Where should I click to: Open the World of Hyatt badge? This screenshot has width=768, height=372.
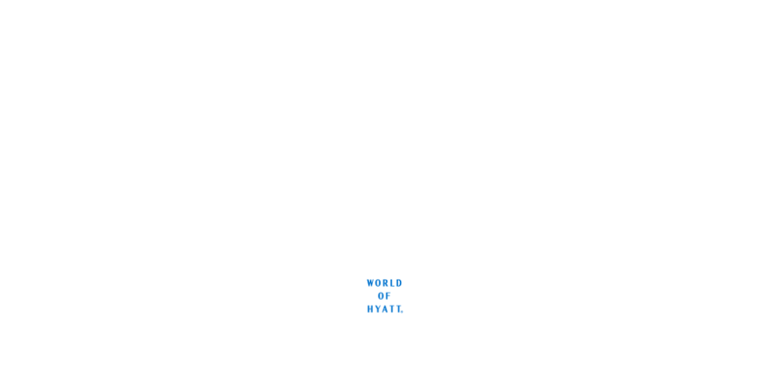tap(384, 295)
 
